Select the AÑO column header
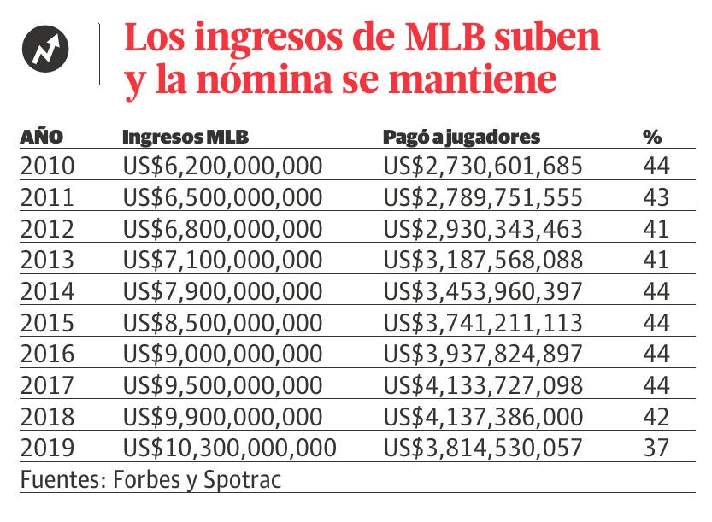[42, 138]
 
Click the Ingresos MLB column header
[185, 138]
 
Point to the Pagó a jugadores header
[462, 138]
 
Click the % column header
[653, 138]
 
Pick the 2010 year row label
[47, 166]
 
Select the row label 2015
[47, 322]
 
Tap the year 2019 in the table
[47, 447]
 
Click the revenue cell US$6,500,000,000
[223, 197]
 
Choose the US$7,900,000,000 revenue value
[223, 291]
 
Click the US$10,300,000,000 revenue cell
[230, 447]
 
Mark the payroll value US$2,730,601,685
[483, 166]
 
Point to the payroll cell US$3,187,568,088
[483, 260]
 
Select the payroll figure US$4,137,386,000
[483, 416]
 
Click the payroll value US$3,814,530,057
[483, 447]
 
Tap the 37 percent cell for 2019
[656, 447]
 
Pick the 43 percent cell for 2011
[656, 197]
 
